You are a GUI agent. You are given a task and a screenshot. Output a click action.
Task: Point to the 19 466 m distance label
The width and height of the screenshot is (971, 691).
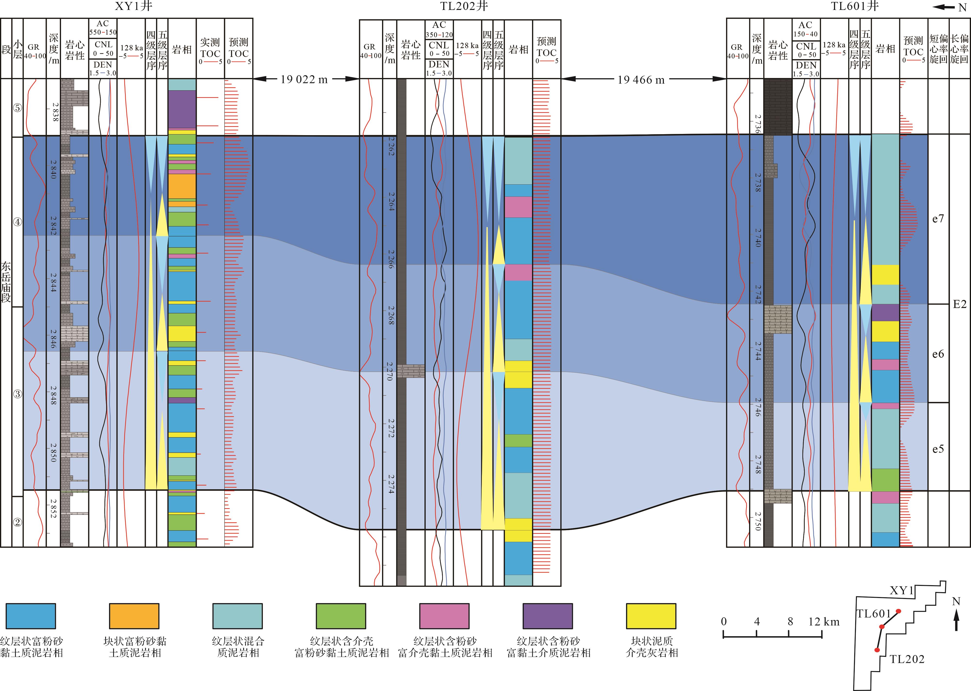(641, 80)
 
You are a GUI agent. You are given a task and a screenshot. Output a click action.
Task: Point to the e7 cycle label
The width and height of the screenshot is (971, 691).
(938, 219)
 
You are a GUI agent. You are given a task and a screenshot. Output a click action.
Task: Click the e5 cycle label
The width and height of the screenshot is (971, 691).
(938, 449)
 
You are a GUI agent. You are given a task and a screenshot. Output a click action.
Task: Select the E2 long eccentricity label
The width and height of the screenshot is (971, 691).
(960, 304)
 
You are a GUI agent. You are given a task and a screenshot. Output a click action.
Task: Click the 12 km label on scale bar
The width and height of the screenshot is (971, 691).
(824, 622)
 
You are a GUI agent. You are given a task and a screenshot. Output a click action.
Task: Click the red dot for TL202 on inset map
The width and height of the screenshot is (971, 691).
(877, 650)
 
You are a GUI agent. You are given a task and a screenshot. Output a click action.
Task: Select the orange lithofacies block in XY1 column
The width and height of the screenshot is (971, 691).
(182, 186)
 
